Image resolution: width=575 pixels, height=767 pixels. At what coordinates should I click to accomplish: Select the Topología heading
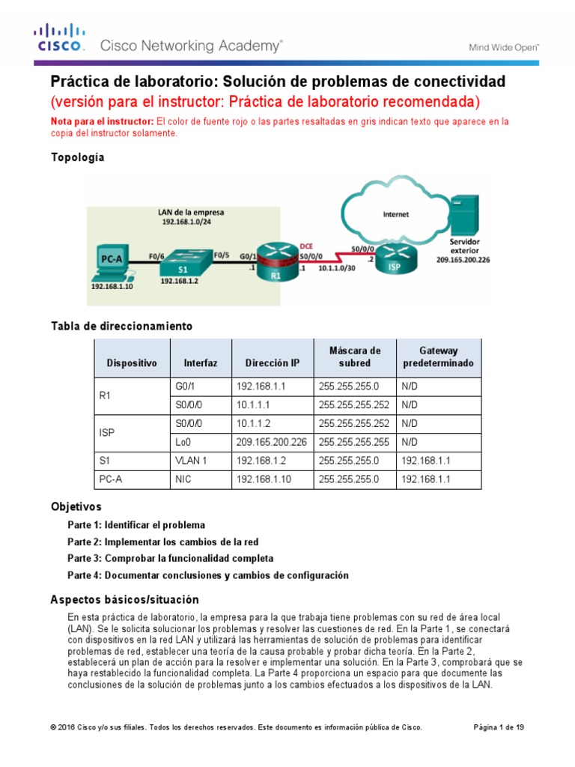[x=77, y=157]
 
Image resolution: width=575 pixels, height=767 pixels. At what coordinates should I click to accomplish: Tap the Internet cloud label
[x=396, y=214]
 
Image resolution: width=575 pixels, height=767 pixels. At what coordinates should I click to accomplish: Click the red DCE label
[x=306, y=245]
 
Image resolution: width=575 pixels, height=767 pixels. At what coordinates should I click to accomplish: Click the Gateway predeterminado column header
[x=438, y=357]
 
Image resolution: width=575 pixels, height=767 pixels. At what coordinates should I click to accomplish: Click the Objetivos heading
[x=76, y=506]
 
